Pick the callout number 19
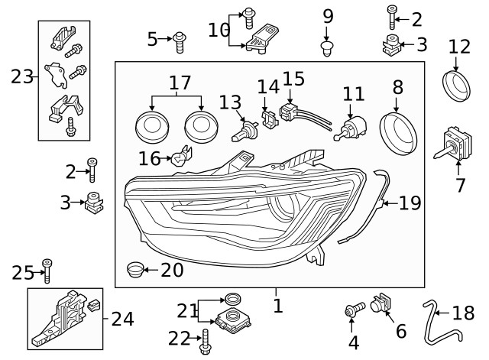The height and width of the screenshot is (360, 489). pyautogui.click(x=410, y=203)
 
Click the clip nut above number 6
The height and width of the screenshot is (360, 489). pyautogui.click(x=379, y=305)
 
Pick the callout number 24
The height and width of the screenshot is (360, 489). pyautogui.click(x=122, y=319)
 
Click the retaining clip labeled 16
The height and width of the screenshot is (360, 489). pyautogui.click(x=179, y=159)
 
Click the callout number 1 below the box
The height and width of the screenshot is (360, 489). pyautogui.click(x=277, y=306)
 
